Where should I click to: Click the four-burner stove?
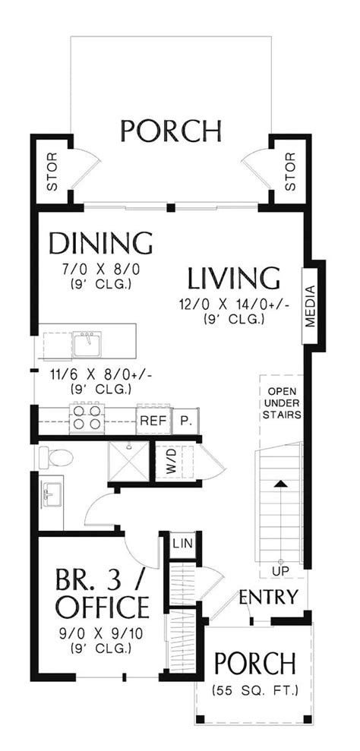[x=85, y=418]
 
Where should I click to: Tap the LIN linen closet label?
[x=181, y=544]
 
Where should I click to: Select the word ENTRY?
[x=268, y=597]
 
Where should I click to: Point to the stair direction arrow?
[x=280, y=483]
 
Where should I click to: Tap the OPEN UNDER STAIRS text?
[x=282, y=403]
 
